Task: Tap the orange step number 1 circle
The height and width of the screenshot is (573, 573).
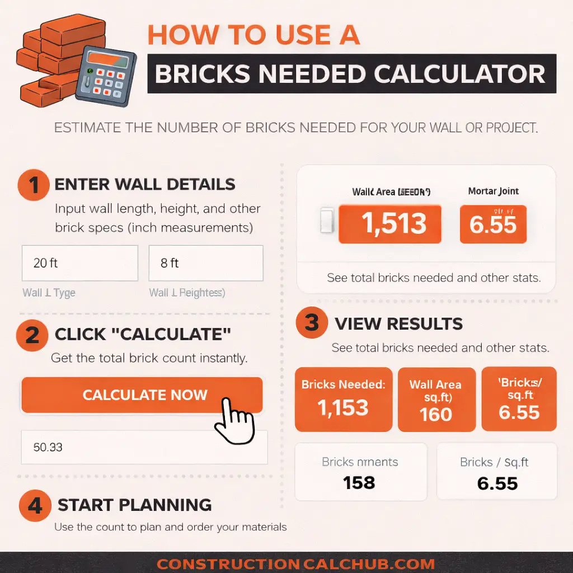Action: click(x=34, y=185)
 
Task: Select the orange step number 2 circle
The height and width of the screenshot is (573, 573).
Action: click(x=33, y=335)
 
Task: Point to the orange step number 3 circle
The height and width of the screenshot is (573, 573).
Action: click(x=312, y=323)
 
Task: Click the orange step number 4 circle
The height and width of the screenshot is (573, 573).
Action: click(x=35, y=505)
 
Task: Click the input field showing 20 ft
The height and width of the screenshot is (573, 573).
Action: click(x=79, y=263)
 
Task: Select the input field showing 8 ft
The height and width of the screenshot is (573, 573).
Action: click(x=205, y=263)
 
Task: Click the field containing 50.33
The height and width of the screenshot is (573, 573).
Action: click(x=144, y=447)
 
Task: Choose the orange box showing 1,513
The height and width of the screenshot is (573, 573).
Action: click(x=390, y=224)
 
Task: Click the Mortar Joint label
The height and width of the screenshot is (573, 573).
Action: click(x=493, y=191)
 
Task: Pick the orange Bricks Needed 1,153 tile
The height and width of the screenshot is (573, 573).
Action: click(x=344, y=399)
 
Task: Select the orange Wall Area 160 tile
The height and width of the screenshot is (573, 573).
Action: click(x=436, y=400)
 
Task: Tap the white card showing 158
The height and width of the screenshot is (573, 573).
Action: click(x=360, y=471)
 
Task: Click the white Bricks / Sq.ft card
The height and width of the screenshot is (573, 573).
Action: click(x=496, y=471)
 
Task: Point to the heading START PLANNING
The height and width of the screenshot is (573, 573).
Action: click(x=134, y=505)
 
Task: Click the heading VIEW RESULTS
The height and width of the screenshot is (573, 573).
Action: click(x=398, y=323)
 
